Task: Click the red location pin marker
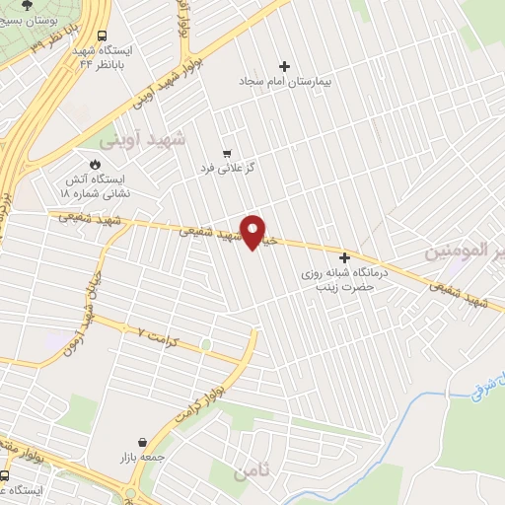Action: click(254, 231)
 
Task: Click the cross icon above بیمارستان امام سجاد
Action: click(285, 67)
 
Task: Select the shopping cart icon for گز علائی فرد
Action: click(228, 153)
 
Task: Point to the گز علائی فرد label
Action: click(229, 169)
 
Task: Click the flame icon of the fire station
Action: click(96, 164)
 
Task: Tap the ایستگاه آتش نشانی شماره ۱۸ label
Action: click(95, 187)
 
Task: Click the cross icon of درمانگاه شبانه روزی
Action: click(344, 257)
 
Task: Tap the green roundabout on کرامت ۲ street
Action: click(205, 345)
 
